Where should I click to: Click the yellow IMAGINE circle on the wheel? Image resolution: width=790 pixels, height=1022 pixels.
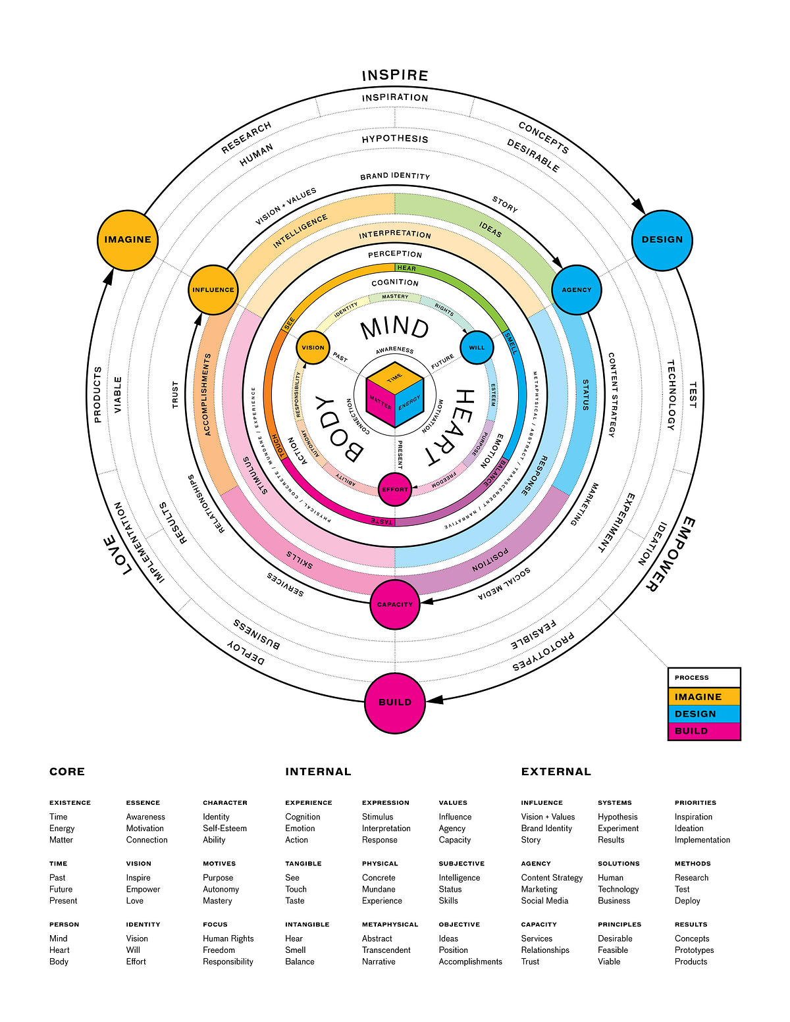[x=128, y=240]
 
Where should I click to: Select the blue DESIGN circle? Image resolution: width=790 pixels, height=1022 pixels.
[x=662, y=240]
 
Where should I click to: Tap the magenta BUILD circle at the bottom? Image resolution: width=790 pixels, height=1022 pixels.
[x=395, y=702]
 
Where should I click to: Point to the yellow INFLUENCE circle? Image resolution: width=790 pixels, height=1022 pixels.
[x=213, y=290]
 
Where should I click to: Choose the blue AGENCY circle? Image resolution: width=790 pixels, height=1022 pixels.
[x=576, y=290]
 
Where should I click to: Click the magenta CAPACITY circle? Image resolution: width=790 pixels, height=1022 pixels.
[x=395, y=604]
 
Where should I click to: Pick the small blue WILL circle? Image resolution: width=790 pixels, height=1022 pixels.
[x=477, y=347]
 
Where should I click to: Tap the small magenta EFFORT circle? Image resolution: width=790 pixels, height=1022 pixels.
[x=395, y=490]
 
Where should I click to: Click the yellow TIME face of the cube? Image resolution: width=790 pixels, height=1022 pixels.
[x=394, y=378]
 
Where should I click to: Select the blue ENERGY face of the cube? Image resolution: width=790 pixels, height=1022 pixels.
[x=409, y=402]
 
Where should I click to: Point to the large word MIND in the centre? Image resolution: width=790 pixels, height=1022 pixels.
[x=395, y=327]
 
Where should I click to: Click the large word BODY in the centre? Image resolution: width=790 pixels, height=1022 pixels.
[x=338, y=430]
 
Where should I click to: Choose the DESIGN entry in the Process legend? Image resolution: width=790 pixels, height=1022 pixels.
[x=704, y=714]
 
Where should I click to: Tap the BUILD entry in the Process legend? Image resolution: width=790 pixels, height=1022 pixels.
[x=704, y=731]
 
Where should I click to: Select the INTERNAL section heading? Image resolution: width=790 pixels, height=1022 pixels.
[x=318, y=772]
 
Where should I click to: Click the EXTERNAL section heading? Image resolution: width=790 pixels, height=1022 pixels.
[x=556, y=772]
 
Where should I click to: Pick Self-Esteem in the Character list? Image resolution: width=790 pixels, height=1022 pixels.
[x=224, y=829]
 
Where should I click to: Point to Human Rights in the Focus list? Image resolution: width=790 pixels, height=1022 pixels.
[x=228, y=938]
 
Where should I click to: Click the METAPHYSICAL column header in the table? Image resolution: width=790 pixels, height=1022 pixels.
[x=390, y=925]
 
